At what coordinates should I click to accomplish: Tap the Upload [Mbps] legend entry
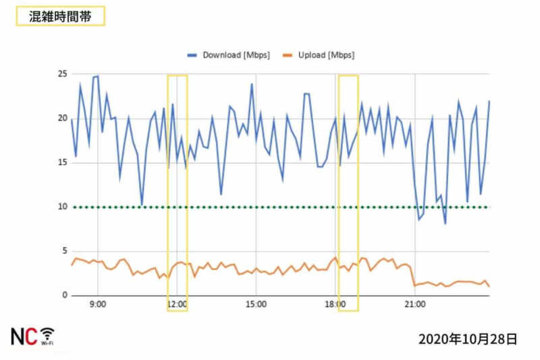326,55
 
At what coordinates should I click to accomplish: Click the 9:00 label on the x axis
98,305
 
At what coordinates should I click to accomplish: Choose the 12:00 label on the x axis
177,305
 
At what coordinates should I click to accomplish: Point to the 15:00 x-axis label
256,305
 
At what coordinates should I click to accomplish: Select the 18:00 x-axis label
335,305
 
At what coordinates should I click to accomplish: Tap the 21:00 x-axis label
414,305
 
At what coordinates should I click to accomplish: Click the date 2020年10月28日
468,338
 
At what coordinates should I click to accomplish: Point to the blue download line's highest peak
98,76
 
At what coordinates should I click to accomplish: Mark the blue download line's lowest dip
445,223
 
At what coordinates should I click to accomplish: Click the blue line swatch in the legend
192,55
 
